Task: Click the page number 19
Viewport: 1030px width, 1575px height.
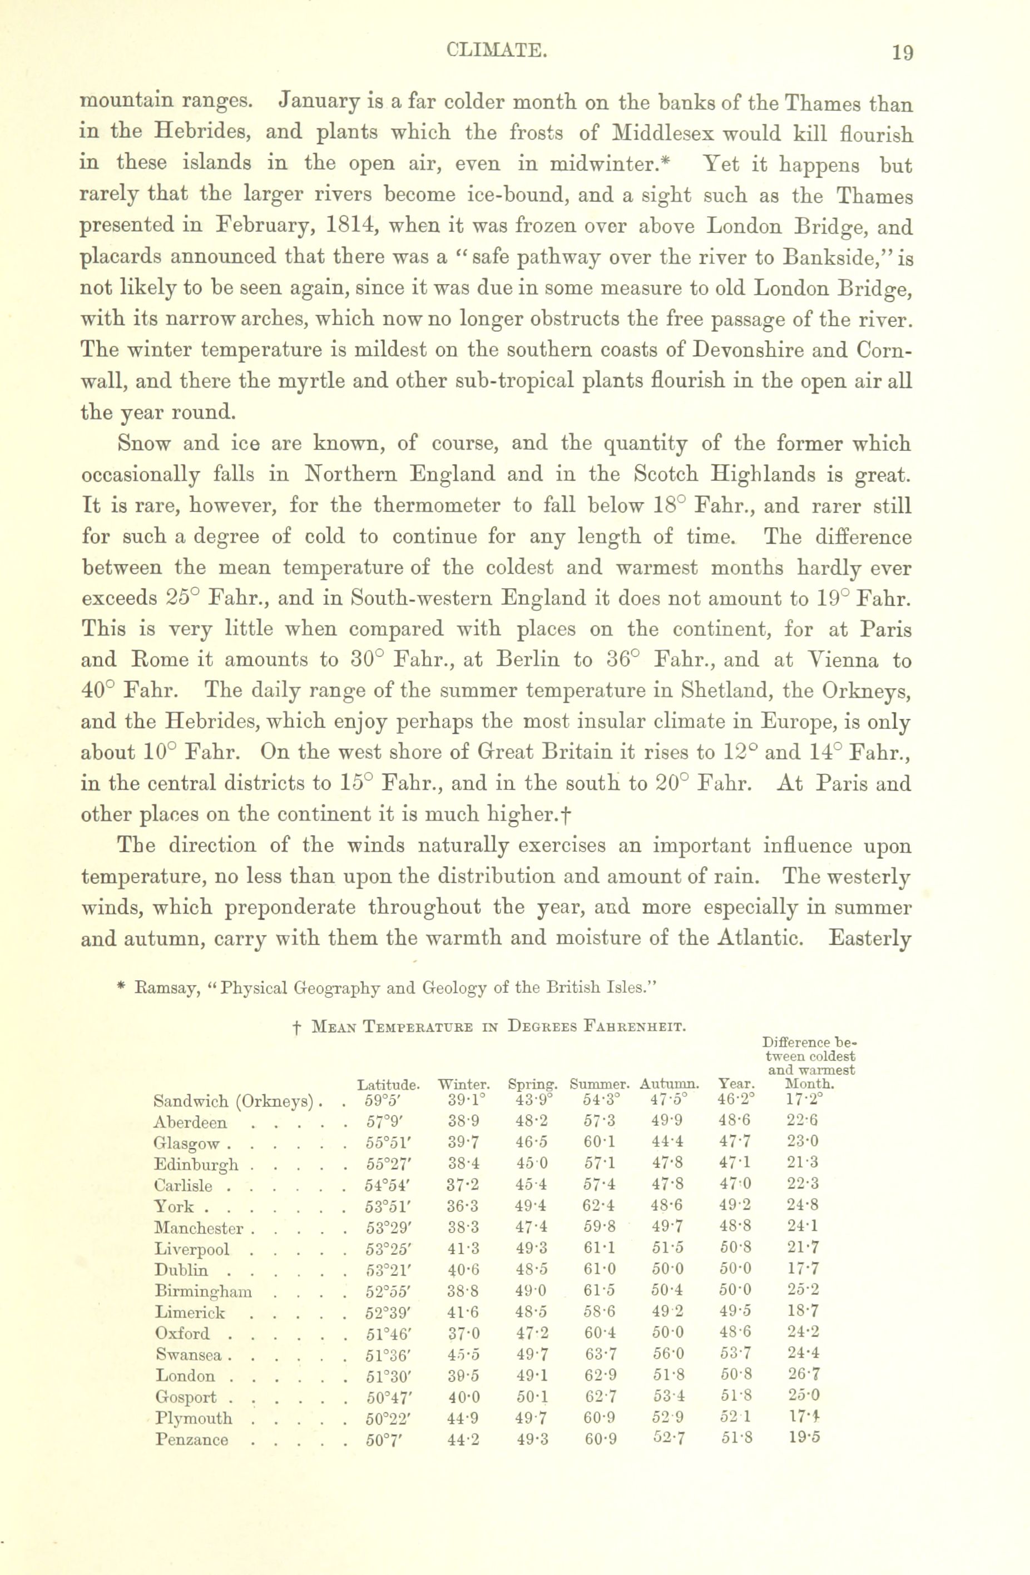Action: pyautogui.click(x=902, y=52)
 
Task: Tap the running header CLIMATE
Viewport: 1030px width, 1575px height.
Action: pyautogui.click(x=497, y=50)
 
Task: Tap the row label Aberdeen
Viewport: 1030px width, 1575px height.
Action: pyautogui.click(x=190, y=1122)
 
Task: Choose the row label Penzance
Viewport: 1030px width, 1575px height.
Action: pyautogui.click(x=192, y=1440)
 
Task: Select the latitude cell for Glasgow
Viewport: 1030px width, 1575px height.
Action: pyautogui.click(x=387, y=1144)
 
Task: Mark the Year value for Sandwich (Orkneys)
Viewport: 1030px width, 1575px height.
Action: pyautogui.click(x=735, y=1101)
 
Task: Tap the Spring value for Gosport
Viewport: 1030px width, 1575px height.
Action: pyautogui.click(x=532, y=1398)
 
